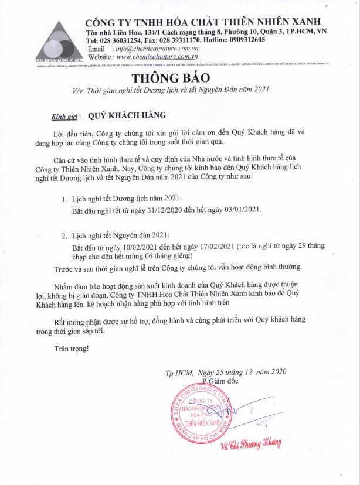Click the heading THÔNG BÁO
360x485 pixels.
180,78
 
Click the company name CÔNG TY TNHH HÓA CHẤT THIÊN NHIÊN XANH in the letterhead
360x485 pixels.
206,22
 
